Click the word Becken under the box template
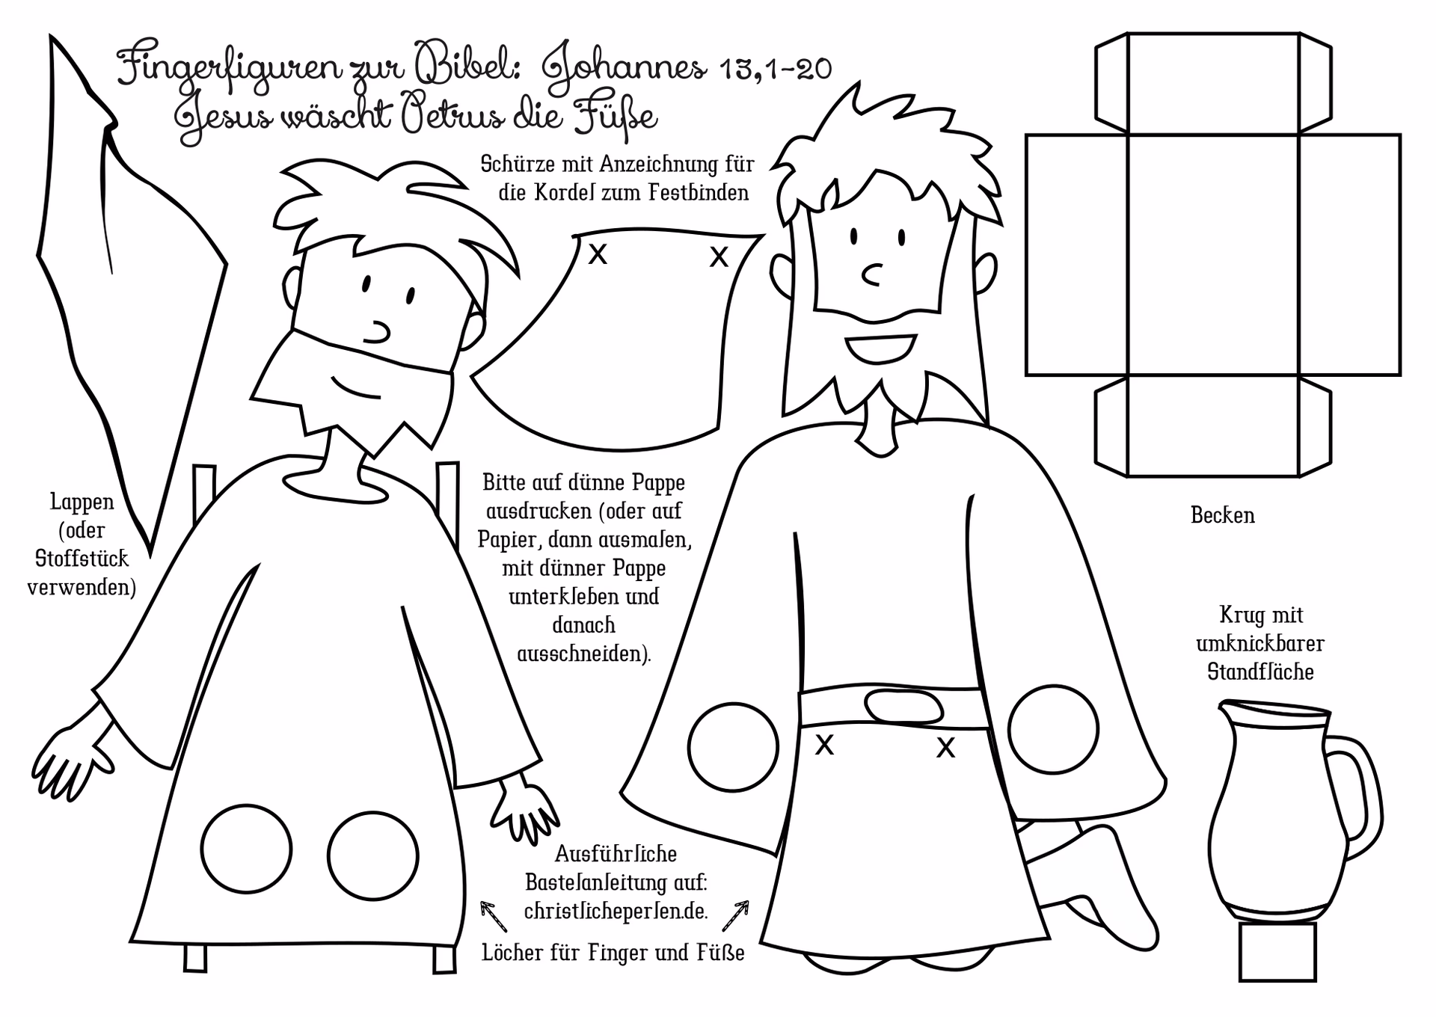1223,515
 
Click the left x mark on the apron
598,255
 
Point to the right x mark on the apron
719,257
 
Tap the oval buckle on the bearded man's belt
903,706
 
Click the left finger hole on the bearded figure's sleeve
733,748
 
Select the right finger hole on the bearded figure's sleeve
1053,729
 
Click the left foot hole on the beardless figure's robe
246,849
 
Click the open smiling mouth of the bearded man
880,348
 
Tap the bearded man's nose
871,275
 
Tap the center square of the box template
1213,254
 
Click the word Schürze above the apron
515,163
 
